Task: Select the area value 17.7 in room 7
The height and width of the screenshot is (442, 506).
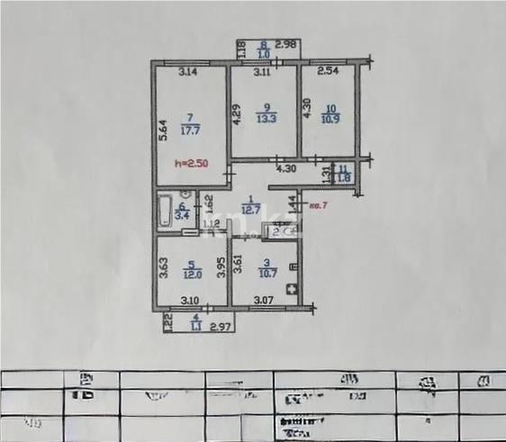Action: (x=189, y=130)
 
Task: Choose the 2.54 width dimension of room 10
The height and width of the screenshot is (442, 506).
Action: (x=328, y=70)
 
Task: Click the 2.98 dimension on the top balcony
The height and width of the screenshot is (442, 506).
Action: (x=285, y=44)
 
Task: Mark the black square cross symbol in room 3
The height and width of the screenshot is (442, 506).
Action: (x=291, y=289)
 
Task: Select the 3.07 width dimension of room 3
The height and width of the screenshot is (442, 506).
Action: (x=263, y=300)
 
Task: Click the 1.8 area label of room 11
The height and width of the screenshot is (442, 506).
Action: (x=342, y=178)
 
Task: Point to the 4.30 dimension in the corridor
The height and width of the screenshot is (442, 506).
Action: (x=285, y=168)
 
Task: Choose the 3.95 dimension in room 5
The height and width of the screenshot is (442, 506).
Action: (x=221, y=269)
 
